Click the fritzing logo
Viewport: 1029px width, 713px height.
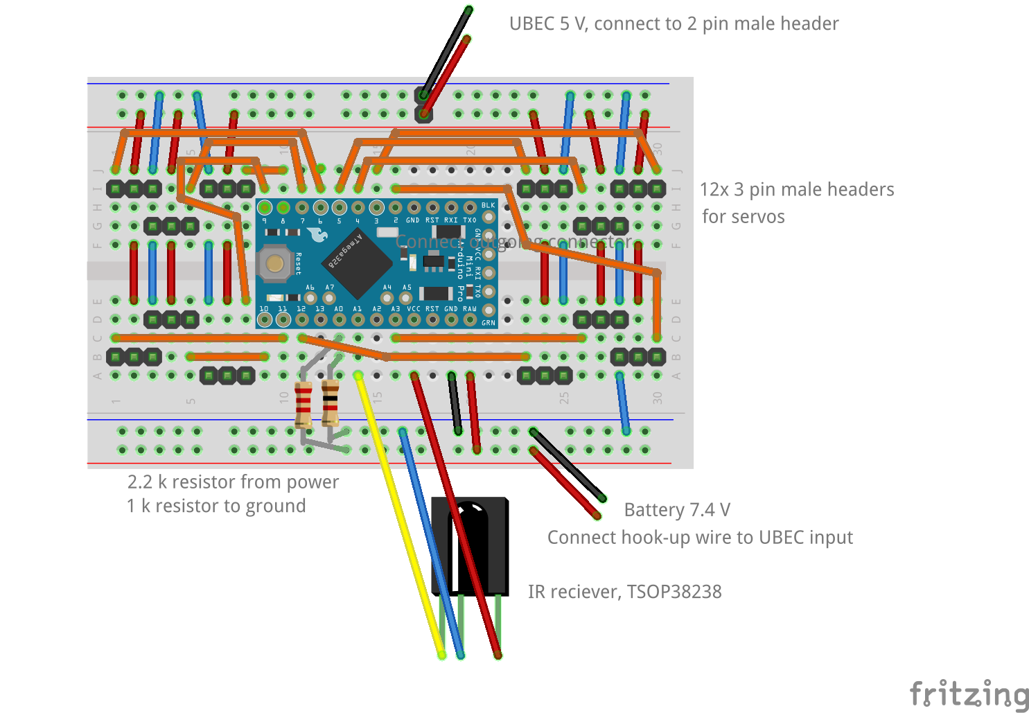coord(969,694)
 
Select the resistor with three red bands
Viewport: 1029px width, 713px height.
coord(304,405)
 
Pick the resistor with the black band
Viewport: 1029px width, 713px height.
coord(331,403)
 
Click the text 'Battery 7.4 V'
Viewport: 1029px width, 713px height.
coord(676,510)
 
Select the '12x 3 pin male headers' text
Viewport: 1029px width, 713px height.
coord(796,190)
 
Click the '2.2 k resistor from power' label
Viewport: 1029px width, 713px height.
coord(233,482)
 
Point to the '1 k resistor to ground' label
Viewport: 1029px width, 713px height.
coord(216,506)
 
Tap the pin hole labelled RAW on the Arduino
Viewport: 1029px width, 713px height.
coord(470,319)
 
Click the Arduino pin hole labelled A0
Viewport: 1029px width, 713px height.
coord(339,319)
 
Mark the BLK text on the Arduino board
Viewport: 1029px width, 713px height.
coord(488,205)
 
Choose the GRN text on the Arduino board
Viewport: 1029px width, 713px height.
coord(488,323)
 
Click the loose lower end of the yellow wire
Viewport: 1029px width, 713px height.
coord(441,654)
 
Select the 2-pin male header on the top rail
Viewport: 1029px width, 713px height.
coord(423,104)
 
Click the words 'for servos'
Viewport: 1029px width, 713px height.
coord(743,217)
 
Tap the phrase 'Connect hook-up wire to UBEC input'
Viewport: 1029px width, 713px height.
coord(700,538)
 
